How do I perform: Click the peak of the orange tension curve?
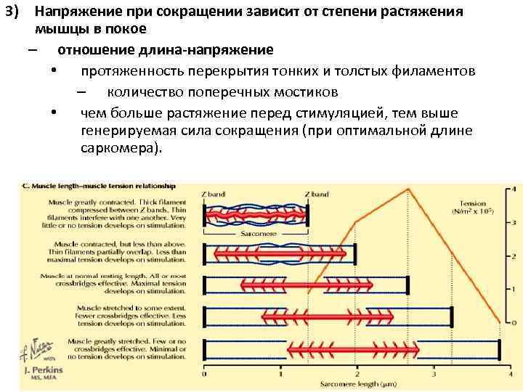tap(408, 189)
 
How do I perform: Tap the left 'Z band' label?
tap(214, 195)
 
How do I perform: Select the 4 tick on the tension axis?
tap(515, 189)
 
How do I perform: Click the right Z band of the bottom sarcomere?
tap(499, 350)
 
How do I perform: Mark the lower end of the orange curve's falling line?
tap(500, 322)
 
